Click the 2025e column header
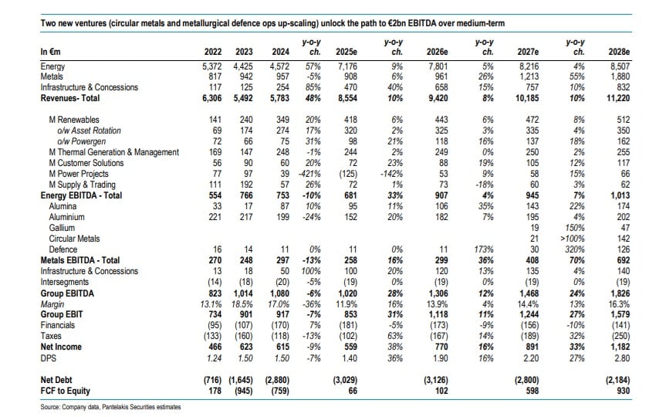click(x=346, y=52)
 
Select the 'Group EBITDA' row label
click(x=67, y=293)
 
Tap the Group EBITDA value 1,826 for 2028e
click(x=619, y=293)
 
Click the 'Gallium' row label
click(x=62, y=228)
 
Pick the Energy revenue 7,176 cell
click(x=347, y=66)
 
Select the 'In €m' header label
click(x=50, y=52)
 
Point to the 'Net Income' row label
click(x=61, y=347)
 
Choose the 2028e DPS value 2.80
click(x=622, y=358)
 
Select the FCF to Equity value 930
click(x=623, y=391)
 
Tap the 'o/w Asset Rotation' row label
click(x=89, y=131)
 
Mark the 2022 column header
click(x=213, y=52)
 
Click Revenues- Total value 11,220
click(x=618, y=98)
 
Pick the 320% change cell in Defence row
click(x=576, y=249)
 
